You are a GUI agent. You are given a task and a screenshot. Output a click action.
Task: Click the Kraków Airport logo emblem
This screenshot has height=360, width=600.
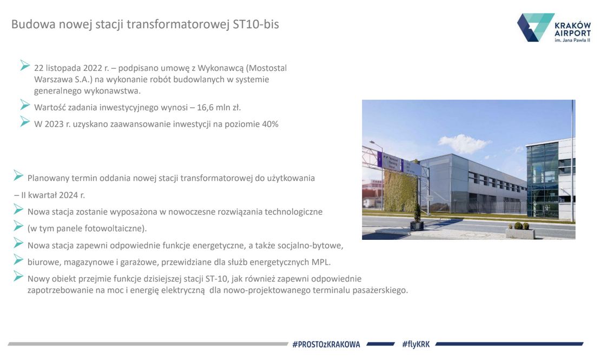click(x=535, y=27)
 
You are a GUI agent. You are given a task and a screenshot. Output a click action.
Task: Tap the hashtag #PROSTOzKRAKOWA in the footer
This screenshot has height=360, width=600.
click(x=326, y=344)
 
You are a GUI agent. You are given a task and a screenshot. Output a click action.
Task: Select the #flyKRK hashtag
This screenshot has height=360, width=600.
click(x=416, y=344)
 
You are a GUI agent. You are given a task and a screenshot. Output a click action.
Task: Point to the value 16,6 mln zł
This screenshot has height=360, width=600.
click(x=219, y=108)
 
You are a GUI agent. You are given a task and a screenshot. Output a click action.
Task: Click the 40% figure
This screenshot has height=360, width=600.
click(x=270, y=124)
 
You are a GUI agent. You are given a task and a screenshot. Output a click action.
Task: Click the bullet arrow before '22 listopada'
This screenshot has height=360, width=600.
click(x=25, y=66)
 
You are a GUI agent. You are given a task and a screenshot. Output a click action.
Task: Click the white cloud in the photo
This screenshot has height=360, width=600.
click(x=464, y=144)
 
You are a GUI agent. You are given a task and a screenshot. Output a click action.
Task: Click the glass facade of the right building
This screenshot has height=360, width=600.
click(x=542, y=180)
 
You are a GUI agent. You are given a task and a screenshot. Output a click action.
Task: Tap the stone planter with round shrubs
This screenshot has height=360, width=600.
click(x=520, y=232)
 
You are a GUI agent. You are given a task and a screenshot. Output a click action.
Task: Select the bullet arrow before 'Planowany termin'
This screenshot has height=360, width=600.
click(x=18, y=175)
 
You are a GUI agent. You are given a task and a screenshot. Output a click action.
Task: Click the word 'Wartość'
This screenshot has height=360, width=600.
click(x=50, y=108)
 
